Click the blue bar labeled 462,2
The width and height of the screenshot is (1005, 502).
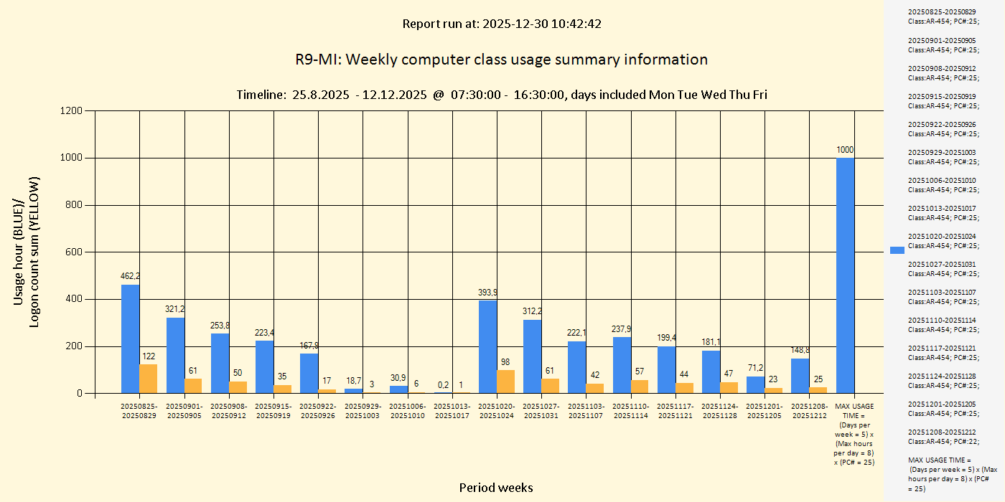click(x=130, y=338)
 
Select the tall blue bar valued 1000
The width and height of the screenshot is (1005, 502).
click(x=845, y=275)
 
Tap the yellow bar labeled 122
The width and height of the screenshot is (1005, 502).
click(x=148, y=379)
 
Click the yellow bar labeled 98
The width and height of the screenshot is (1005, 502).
click(x=505, y=382)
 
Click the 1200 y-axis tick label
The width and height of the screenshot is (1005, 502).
click(x=70, y=110)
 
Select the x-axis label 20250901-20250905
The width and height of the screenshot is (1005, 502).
click(x=184, y=411)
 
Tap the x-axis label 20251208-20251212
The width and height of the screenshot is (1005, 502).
click(x=809, y=411)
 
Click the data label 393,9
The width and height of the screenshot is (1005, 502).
click(x=487, y=293)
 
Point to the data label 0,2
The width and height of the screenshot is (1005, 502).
click(x=443, y=384)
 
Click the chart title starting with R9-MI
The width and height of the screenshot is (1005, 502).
click(x=501, y=60)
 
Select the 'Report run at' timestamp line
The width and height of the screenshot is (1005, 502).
click(x=501, y=24)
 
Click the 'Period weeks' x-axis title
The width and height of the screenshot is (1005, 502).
click(x=496, y=488)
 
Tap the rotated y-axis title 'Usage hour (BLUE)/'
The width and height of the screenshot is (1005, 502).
click(x=19, y=252)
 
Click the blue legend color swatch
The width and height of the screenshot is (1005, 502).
click(x=897, y=250)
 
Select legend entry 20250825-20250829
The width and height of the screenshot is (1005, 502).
click(x=941, y=16)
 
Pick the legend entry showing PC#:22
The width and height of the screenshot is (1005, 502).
click(x=941, y=436)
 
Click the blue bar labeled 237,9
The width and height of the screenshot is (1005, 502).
click(x=622, y=365)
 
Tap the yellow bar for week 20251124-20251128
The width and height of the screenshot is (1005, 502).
click(x=729, y=387)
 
